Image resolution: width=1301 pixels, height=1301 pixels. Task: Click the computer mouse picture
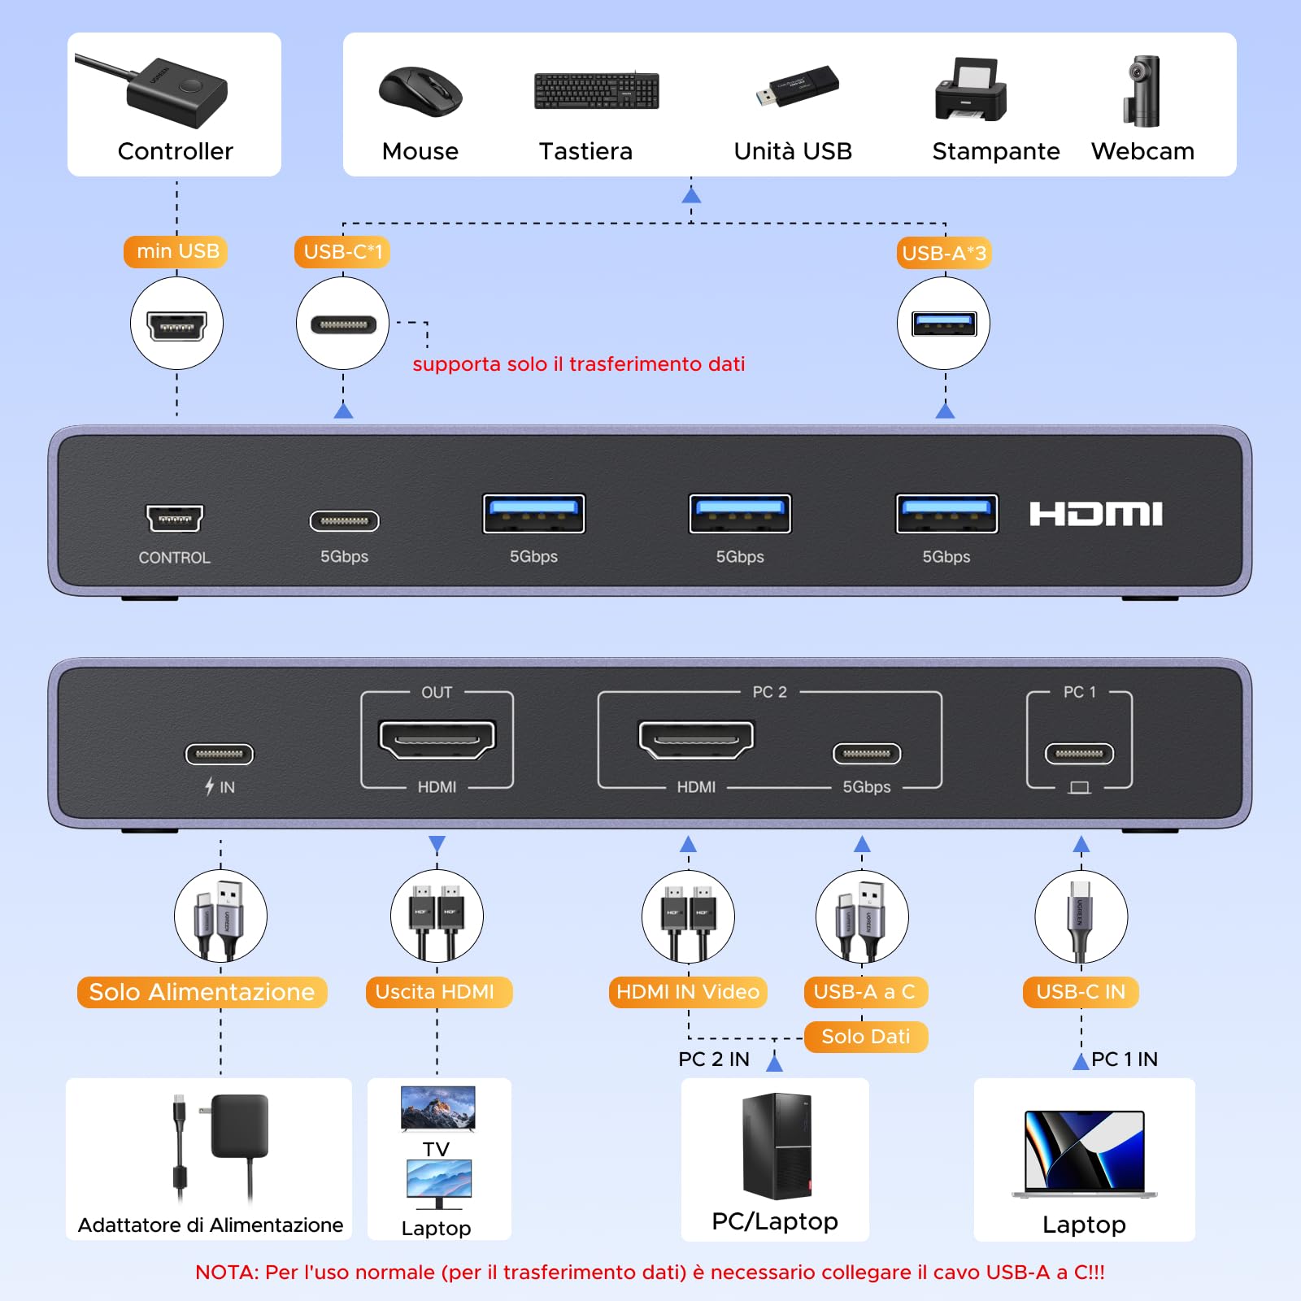[x=420, y=92]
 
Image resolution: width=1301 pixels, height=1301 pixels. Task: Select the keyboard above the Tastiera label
[x=596, y=90]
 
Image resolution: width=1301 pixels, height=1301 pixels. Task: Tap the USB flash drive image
[x=797, y=86]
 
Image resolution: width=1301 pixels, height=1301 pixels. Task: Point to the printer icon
[x=971, y=89]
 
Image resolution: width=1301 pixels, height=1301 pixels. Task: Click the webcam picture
[x=1142, y=91]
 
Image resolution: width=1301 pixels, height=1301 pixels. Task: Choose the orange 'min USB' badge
[x=176, y=251]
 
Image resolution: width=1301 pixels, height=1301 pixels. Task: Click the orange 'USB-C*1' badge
[x=342, y=252]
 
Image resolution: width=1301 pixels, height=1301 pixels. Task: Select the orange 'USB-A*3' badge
[x=944, y=254]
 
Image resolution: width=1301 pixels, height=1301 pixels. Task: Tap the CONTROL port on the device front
[x=174, y=518]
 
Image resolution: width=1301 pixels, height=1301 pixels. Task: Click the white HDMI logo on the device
[x=1096, y=514]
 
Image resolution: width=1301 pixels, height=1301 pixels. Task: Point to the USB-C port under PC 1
[x=1079, y=754]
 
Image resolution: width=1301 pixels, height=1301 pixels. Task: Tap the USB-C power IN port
[x=220, y=755]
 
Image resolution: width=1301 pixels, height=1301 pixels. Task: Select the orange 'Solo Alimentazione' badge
[x=202, y=992]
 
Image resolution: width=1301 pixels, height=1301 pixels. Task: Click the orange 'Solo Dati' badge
[x=866, y=1037]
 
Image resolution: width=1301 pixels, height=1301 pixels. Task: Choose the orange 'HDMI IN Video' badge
[x=688, y=992]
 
